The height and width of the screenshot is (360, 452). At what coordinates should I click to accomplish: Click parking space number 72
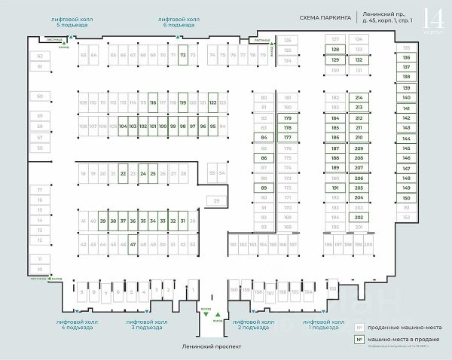tap(183, 55)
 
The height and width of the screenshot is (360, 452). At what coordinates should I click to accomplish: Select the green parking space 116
tap(152, 102)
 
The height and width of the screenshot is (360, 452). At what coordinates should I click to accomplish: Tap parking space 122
tap(213, 102)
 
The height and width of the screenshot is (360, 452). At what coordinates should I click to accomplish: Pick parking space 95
tap(213, 126)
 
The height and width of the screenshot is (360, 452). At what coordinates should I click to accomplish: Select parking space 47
tap(133, 245)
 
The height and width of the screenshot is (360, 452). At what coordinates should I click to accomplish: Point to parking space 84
tap(264, 138)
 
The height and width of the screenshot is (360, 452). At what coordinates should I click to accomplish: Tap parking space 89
tap(264, 188)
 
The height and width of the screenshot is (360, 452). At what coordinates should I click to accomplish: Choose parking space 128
tap(336, 50)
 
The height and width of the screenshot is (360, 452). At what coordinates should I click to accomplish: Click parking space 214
tap(359, 98)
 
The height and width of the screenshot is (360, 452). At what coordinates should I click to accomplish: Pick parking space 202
tap(359, 217)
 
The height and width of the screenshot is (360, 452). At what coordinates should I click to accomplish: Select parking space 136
tap(407, 57)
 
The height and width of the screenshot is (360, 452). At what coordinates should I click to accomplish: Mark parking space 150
tap(407, 197)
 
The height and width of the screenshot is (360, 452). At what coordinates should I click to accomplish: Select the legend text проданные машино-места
tap(400, 328)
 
